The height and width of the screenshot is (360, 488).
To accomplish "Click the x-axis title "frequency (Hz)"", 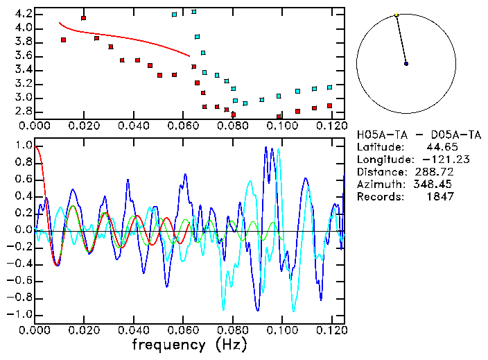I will point(189,345).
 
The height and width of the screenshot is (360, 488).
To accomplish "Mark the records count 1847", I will point(439,197).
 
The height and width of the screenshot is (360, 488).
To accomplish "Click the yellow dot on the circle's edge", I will point(396,15).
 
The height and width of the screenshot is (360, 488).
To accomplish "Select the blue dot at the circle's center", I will point(406,63).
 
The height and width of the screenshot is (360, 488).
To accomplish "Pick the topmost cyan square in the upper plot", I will point(193,12).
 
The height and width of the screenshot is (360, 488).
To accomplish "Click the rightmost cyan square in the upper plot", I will point(329,87).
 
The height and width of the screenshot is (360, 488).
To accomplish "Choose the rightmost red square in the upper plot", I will point(329,106).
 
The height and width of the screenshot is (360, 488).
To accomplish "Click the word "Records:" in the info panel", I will point(379,197).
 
